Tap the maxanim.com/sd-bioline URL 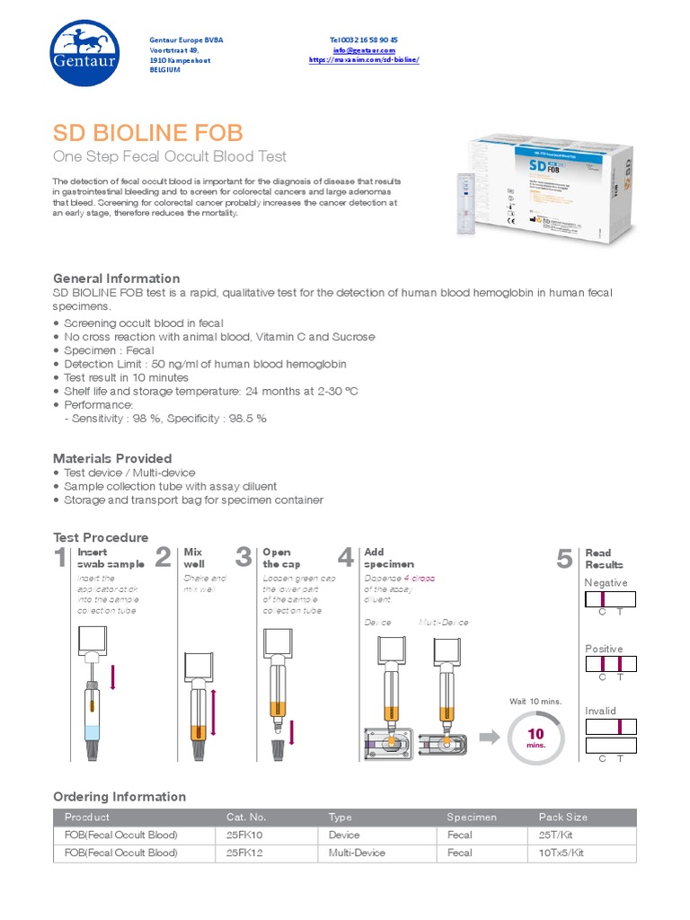pyautogui.click(x=364, y=60)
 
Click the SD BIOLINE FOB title pyautogui.click(x=147, y=133)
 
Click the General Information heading pyautogui.click(x=116, y=279)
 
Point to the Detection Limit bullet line pyautogui.click(x=205, y=364)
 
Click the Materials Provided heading pyautogui.click(x=112, y=458)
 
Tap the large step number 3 pyautogui.click(x=243, y=558)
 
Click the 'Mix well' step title pyautogui.click(x=193, y=558)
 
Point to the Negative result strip pyautogui.click(x=610, y=599)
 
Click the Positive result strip pyautogui.click(x=610, y=665)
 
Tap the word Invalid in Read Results pyautogui.click(x=600, y=711)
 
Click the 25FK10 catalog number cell pyautogui.click(x=244, y=835)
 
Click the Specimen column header pyautogui.click(x=472, y=817)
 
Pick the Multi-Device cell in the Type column pyautogui.click(x=357, y=853)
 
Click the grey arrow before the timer pyautogui.click(x=490, y=737)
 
